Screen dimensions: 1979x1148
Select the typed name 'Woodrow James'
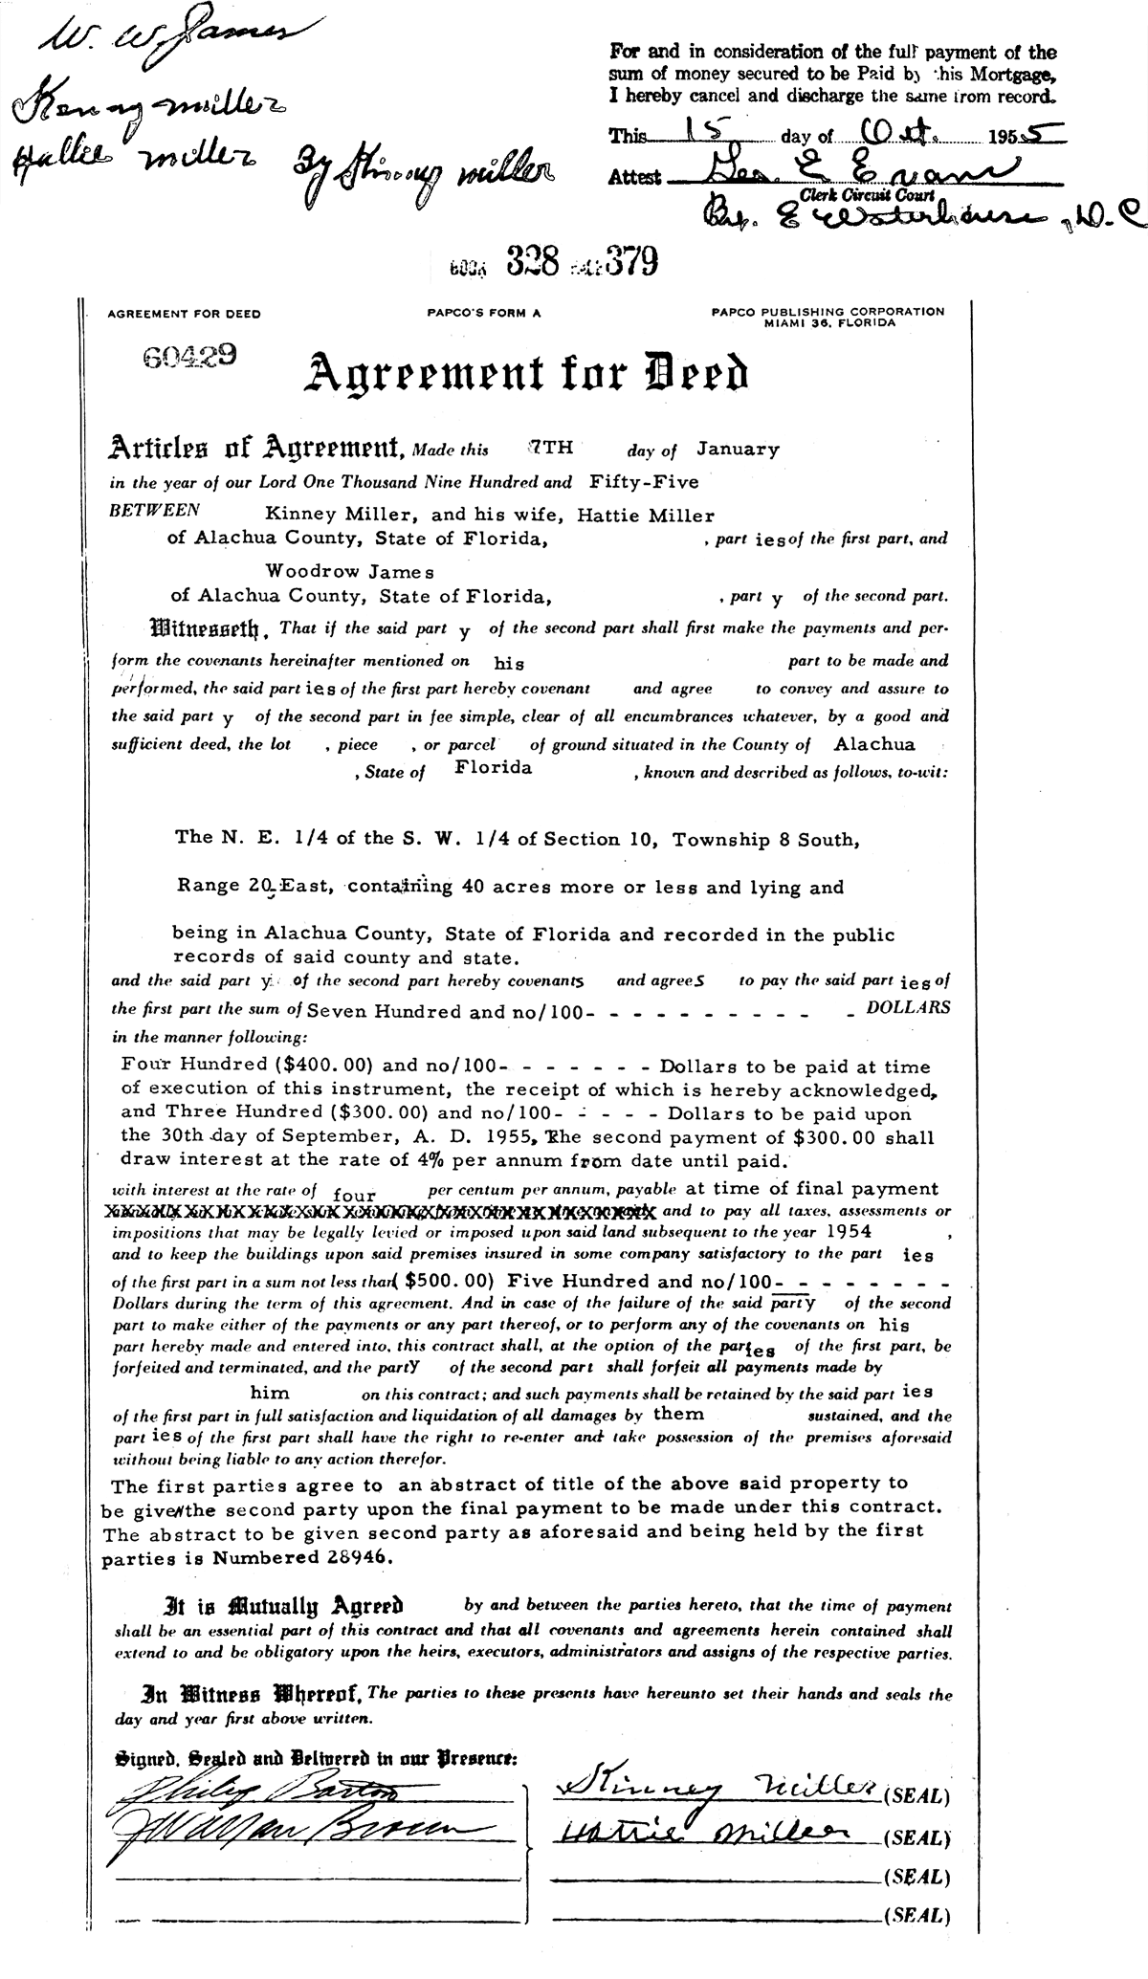[350, 571]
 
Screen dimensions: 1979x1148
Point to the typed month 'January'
[738, 448]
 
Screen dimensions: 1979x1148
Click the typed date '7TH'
[548, 446]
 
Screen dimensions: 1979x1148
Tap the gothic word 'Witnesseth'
[206, 631]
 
